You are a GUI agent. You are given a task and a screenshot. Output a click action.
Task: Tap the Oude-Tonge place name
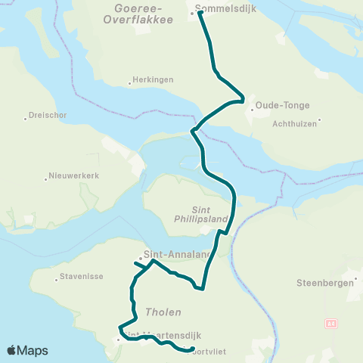pos(278,105)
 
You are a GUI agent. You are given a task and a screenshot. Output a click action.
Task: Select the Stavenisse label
pos(81,278)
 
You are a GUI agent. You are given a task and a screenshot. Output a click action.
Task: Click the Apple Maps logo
pos(27,350)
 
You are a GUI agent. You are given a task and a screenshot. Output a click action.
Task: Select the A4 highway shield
pos(330,324)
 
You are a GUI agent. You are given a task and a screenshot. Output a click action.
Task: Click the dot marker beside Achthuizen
pos(321,119)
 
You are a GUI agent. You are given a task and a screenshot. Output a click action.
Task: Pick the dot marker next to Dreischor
pos(24,116)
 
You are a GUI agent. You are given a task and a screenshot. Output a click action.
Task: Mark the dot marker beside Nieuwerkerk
pos(45,178)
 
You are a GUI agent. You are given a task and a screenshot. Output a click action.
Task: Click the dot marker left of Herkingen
pos(128,79)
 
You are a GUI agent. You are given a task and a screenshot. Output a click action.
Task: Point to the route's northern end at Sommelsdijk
pos(200,12)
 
